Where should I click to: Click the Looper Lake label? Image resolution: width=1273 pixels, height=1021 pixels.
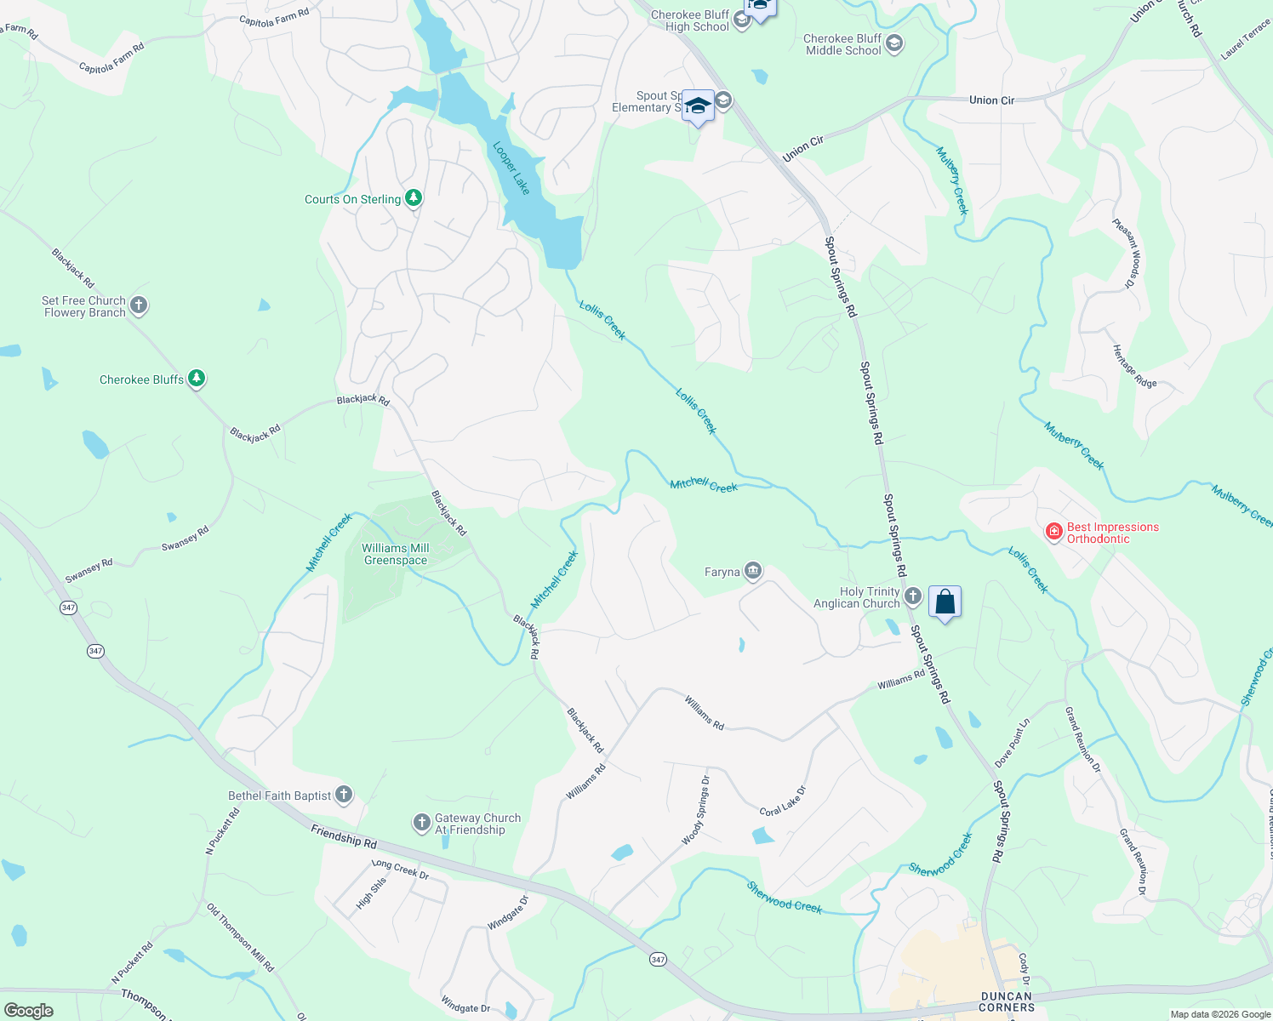(511, 168)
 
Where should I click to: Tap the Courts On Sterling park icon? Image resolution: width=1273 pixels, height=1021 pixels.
(414, 198)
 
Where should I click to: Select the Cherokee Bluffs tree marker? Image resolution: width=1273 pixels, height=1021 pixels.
(197, 379)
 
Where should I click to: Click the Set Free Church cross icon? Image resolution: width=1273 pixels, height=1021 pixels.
(139, 305)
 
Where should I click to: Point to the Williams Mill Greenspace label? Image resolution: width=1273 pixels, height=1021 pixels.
(396, 554)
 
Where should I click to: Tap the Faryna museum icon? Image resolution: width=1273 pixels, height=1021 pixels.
(753, 571)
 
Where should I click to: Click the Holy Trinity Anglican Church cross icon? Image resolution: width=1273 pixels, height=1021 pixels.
(913, 596)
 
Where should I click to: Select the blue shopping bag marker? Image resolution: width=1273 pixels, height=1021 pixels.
(945, 602)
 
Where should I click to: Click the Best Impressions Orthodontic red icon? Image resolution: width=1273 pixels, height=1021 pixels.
(1054, 532)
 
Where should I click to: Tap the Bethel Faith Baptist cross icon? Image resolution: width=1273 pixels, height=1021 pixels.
(344, 795)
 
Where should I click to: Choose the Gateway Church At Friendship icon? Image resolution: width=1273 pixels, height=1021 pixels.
(422, 823)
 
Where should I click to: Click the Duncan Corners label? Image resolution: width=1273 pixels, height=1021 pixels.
(1007, 1001)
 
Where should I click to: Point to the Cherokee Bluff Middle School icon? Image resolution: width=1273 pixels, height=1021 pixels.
(894, 43)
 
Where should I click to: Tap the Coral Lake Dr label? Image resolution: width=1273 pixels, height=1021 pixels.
(782, 801)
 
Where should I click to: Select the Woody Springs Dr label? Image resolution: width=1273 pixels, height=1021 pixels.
(695, 810)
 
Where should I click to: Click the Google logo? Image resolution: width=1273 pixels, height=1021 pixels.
(29, 1010)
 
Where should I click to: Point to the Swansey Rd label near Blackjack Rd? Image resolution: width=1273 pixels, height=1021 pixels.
(186, 539)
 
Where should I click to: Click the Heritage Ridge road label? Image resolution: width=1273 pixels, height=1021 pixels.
(1134, 367)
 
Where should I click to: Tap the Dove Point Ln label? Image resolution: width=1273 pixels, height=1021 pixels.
(1013, 743)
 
